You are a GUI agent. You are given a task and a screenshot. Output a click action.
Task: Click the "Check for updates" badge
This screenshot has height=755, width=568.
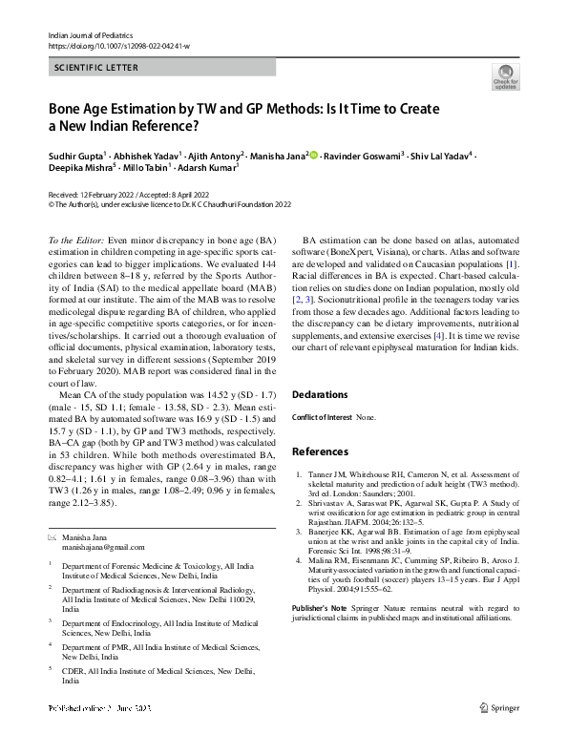point(505,75)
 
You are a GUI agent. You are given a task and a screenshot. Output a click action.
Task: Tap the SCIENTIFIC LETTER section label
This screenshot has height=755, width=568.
point(96,67)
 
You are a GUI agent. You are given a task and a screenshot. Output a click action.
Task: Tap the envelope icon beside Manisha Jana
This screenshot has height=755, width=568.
point(53,537)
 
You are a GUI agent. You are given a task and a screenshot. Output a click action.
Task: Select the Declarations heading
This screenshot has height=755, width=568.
point(320,394)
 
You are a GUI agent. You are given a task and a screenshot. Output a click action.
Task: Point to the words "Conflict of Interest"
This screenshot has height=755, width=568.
point(322,417)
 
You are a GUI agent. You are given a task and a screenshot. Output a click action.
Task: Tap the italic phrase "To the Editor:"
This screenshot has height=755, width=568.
point(76,239)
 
